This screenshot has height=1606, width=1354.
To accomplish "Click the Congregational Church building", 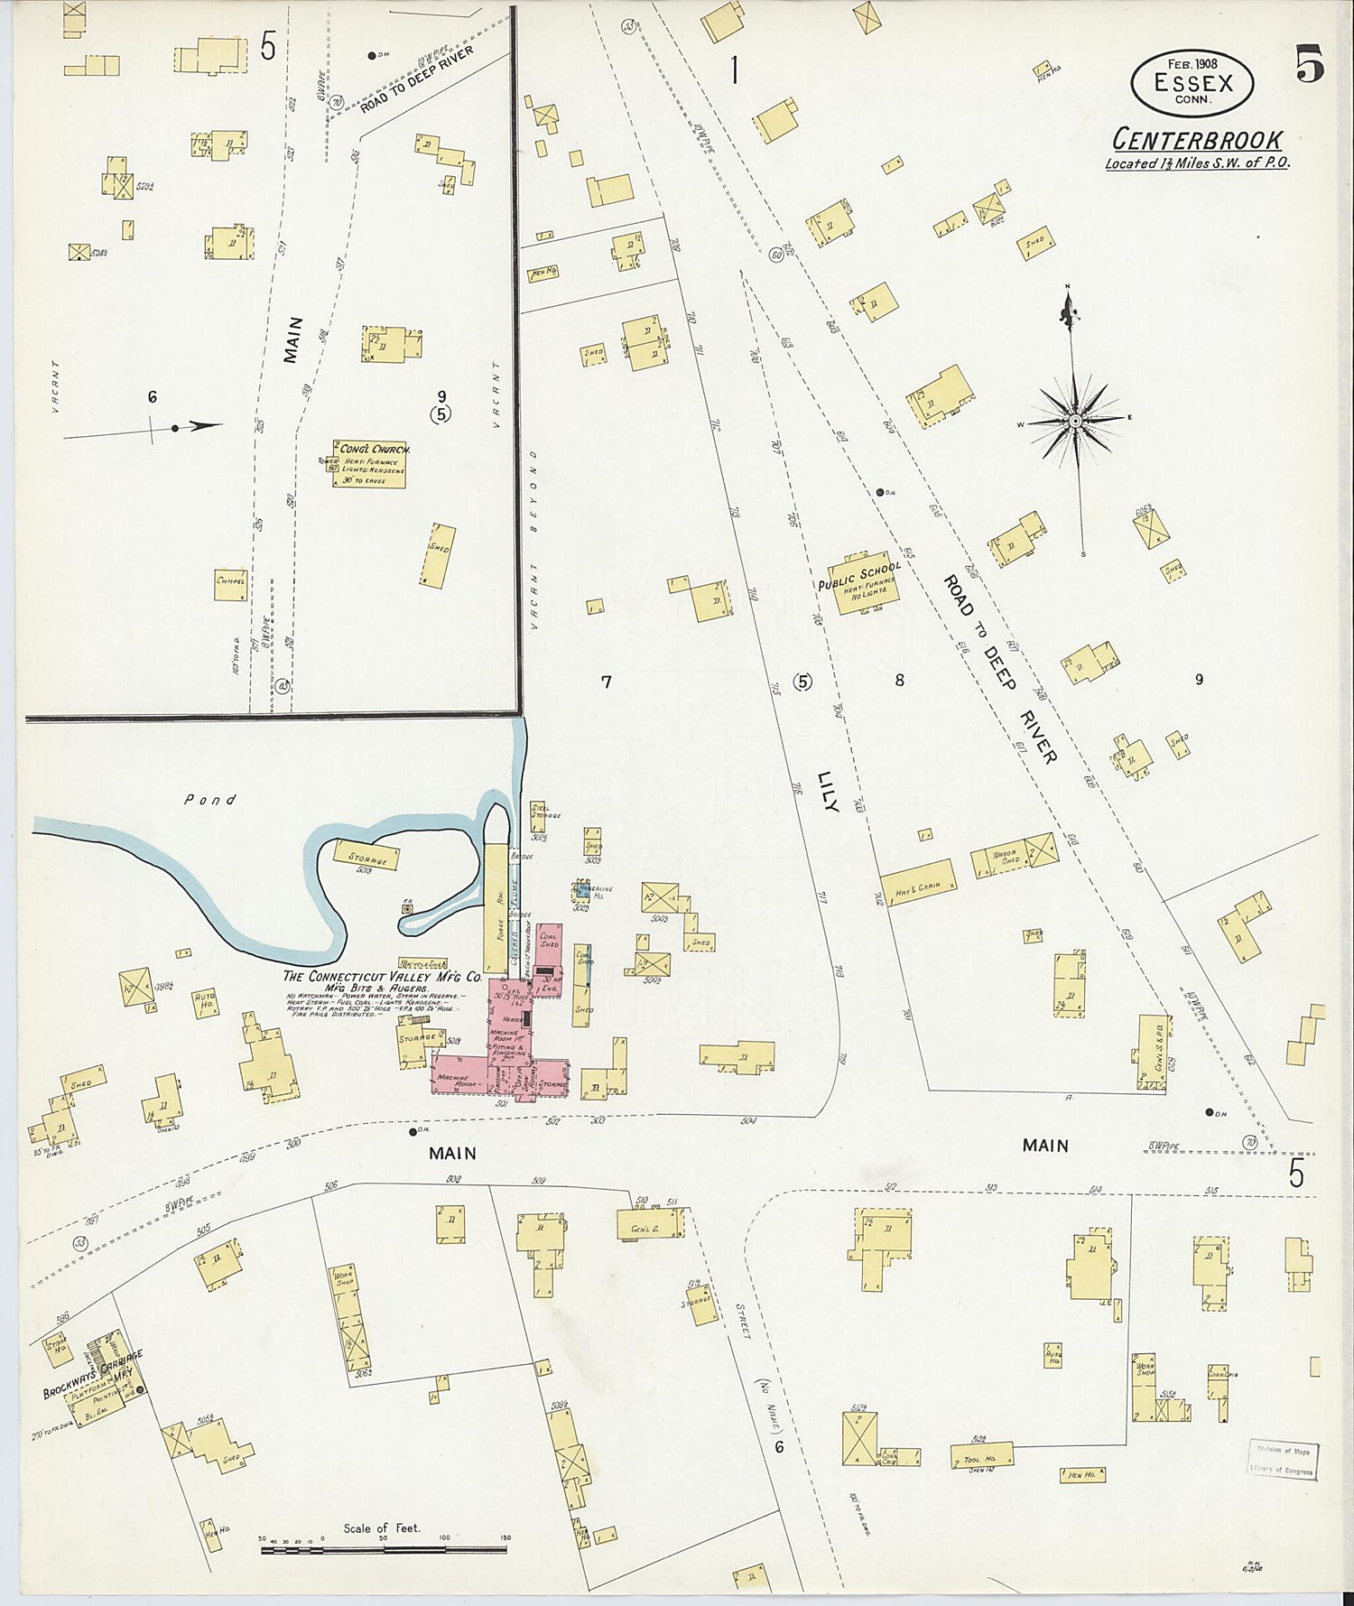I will pyautogui.click(x=368, y=463).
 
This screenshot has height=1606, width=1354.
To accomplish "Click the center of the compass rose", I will pyautogui.click(x=1076, y=422).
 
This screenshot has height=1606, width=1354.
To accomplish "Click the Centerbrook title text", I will pyautogui.click(x=1197, y=140).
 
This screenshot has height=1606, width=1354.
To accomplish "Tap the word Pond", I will pyautogui.click(x=209, y=799).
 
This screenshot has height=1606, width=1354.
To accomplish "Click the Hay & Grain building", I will pyautogui.click(x=917, y=883).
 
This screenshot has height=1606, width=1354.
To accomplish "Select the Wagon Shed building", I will pyautogui.click(x=1004, y=858).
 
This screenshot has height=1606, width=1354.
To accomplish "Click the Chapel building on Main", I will pyautogui.click(x=230, y=582).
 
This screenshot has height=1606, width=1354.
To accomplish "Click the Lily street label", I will pyautogui.click(x=828, y=791).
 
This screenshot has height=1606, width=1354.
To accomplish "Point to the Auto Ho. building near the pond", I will pyautogui.click(x=206, y=1001).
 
